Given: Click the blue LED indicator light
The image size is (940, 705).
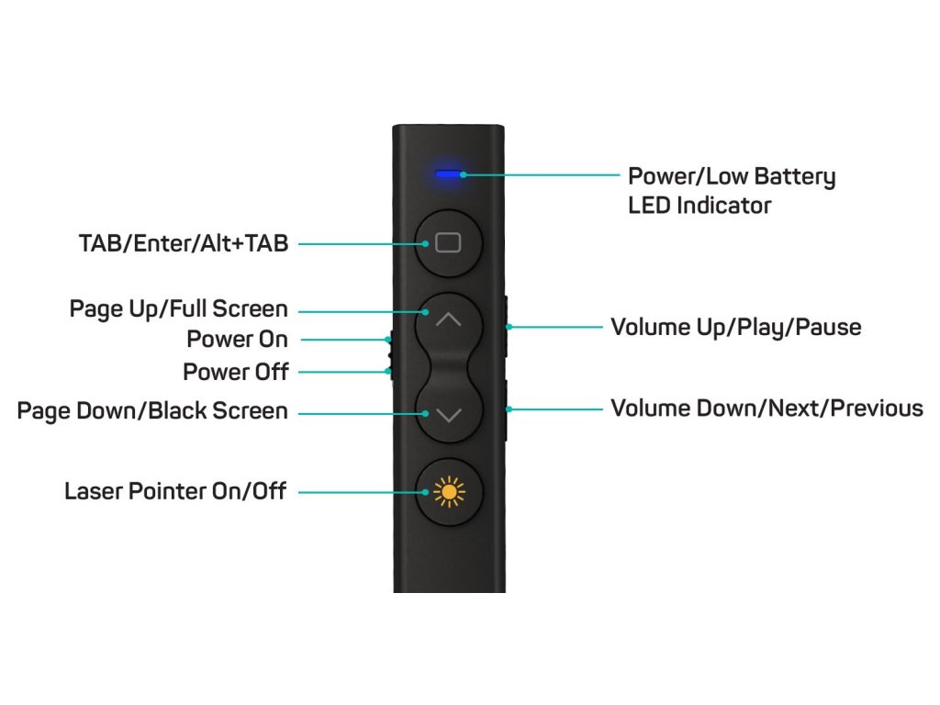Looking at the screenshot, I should (448, 173).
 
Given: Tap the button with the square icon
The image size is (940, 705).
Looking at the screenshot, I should (448, 243).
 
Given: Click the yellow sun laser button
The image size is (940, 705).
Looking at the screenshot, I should (448, 493).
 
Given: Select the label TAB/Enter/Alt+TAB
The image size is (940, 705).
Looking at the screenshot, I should (184, 243).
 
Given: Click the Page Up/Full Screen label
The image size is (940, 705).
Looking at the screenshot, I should (179, 309).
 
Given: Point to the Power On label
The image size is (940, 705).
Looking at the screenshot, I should (237, 340).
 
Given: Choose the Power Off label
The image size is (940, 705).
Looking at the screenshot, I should (235, 372).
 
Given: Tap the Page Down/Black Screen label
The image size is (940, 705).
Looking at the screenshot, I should (152, 410).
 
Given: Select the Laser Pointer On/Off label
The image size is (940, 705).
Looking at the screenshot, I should (175, 492).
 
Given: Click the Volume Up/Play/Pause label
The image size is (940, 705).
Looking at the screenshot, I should (736, 327).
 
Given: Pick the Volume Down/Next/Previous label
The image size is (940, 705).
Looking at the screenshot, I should (767, 408).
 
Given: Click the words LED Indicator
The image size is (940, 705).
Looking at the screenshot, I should (699, 206).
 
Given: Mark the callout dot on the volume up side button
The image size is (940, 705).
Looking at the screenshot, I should (509, 326).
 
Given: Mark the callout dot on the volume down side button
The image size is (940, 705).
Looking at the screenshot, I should (509, 409).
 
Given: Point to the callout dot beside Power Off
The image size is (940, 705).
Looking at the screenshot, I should (389, 372).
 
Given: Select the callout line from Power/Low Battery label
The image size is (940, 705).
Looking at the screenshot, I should (542, 173).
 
